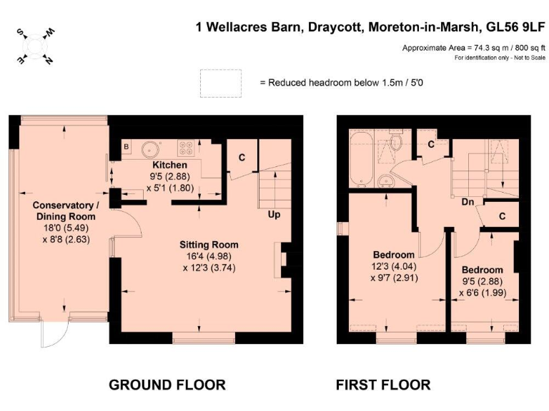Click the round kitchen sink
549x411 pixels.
pyautogui.click(x=150, y=149)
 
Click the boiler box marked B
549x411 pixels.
pyautogui.click(x=127, y=147)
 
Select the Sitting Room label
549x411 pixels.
pyautogui.click(x=208, y=244)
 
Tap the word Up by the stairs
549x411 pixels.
pyautogui.click(x=274, y=213)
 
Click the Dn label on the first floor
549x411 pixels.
pyautogui.click(x=468, y=202)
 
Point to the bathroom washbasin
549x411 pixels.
pyautogui.click(x=386, y=180)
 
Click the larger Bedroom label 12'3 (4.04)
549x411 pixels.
pyautogui.click(x=394, y=255)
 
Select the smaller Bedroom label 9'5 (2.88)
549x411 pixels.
pyautogui.click(x=482, y=270)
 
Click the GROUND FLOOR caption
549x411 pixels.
pyautogui.click(x=167, y=385)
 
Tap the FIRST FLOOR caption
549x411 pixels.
pyautogui.click(x=383, y=385)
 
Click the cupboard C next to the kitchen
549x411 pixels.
pyautogui.click(x=242, y=157)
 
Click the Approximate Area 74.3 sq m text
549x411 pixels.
pyautogui.click(x=471, y=47)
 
